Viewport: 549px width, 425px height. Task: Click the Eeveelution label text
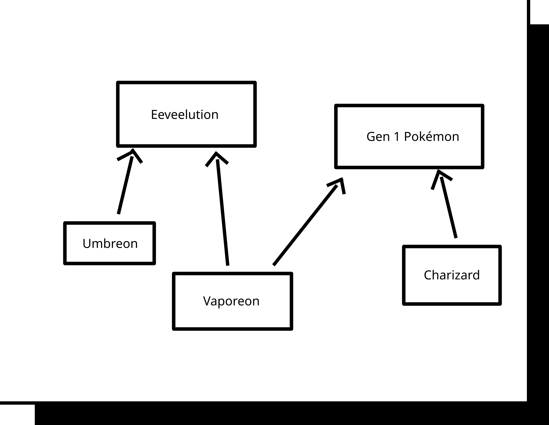point(184,115)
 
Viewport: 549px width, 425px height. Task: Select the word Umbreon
point(110,244)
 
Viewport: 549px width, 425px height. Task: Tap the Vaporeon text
point(231,301)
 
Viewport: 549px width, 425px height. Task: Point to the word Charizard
point(452,275)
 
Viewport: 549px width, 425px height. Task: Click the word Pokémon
point(431,137)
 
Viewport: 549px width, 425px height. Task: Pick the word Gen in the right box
point(378,137)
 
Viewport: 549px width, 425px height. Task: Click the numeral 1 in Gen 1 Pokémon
point(397,137)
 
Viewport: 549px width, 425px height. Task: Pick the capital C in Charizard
point(428,275)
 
